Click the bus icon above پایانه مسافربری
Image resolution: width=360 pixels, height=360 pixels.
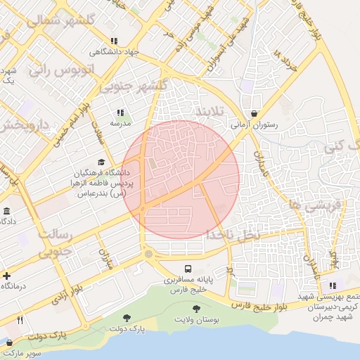click(x=188, y=269)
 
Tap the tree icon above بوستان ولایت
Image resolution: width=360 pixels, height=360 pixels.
click(x=195, y=308)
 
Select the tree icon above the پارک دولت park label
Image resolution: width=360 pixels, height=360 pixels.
click(x=127, y=318)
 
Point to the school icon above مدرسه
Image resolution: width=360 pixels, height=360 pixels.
click(x=120, y=112)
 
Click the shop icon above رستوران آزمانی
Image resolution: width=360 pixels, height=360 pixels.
click(x=254, y=114)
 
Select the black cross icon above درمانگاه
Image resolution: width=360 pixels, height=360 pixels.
click(x=6, y=276)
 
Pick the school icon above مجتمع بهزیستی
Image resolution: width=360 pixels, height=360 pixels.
click(x=332, y=285)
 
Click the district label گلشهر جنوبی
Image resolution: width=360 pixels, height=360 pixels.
click(x=134, y=86)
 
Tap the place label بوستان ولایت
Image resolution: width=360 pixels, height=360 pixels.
click(x=197, y=321)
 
